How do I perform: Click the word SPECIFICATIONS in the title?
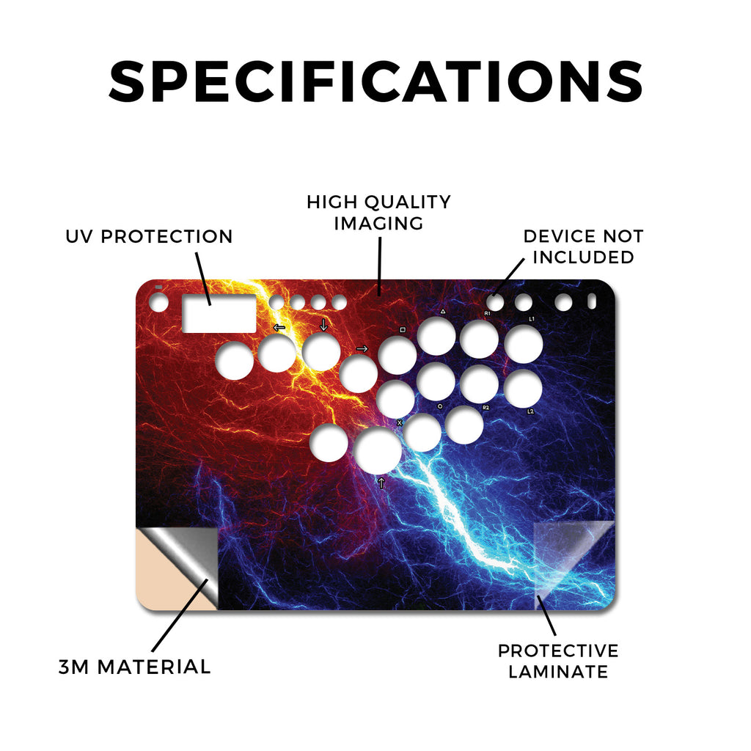tap(375, 81)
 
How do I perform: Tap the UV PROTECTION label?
tap(149, 236)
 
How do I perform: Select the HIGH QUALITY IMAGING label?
tap(378, 213)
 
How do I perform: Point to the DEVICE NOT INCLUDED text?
tap(583, 246)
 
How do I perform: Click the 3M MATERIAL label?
tap(135, 667)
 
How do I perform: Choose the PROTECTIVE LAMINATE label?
tap(558, 661)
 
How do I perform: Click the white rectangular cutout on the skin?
tap(219, 314)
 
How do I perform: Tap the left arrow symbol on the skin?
tap(279, 328)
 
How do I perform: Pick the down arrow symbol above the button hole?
tap(323, 325)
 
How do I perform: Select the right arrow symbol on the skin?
tap(362, 348)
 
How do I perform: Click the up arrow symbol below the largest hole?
tap(381, 483)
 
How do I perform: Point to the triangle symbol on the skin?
tap(443, 311)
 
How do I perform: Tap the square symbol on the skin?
tap(403, 330)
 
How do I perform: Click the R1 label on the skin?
tap(487, 313)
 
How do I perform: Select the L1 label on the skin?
tap(531, 318)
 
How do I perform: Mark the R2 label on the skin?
tap(486, 408)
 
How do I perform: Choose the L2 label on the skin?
tap(531, 411)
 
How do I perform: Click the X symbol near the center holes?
tap(400, 423)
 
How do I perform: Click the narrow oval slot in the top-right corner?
tap(592, 301)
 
